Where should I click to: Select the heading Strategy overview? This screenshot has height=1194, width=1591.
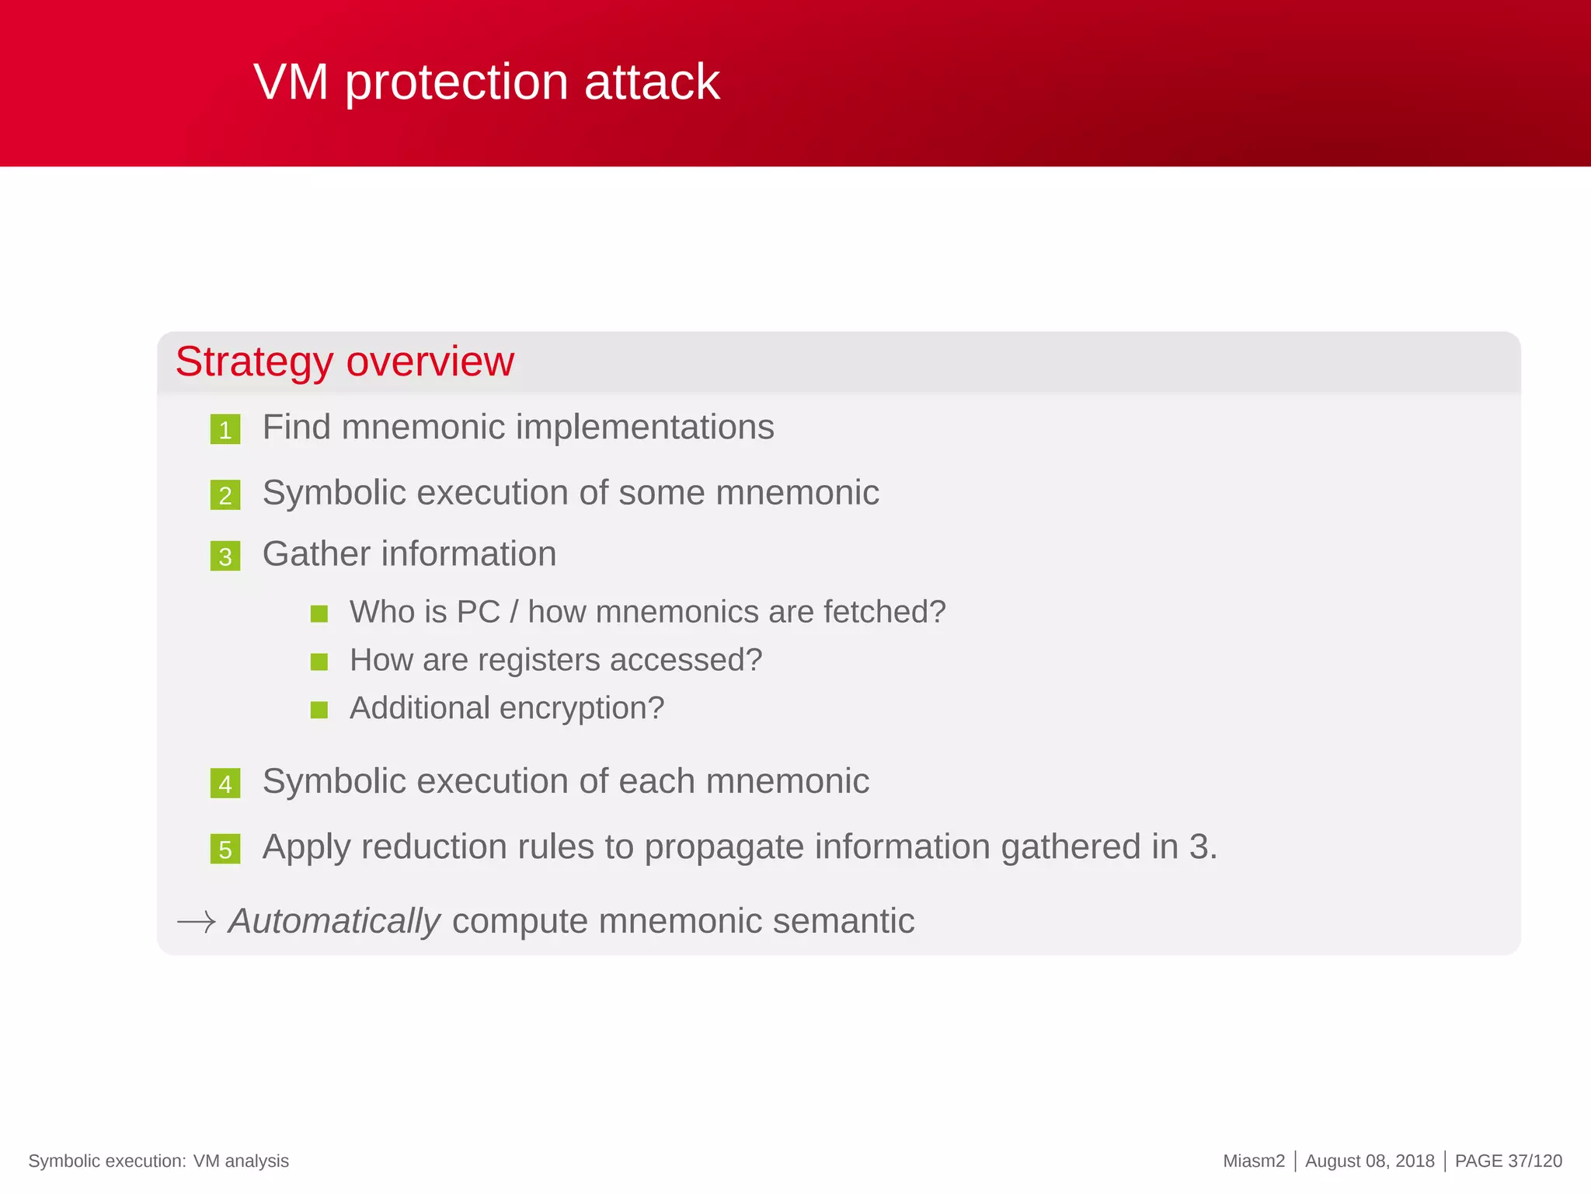click(344, 361)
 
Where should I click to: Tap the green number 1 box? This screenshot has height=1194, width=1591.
click(225, 429)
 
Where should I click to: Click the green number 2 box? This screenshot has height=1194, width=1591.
click(225, 495)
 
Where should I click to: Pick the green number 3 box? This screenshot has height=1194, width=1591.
click(225, 557)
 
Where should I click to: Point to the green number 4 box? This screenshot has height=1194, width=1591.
click(225, 784)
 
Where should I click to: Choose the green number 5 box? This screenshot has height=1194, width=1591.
click(225, 850)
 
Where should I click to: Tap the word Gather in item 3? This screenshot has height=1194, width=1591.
click(316, 554)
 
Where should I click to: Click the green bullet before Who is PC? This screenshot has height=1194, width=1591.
click(319, 614)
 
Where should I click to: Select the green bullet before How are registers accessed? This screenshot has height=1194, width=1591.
click(319, 662)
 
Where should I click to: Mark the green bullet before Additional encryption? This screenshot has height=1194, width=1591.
click(319, 710)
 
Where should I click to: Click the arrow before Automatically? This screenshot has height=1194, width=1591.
click(197, 923)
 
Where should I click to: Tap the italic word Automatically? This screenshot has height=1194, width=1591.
click(334, 921)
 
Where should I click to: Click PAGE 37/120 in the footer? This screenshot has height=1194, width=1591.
click(1508, 1161)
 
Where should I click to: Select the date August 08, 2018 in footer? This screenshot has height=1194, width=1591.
click(1370, 1161)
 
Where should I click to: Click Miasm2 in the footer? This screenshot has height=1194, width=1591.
click(1254, 1161)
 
